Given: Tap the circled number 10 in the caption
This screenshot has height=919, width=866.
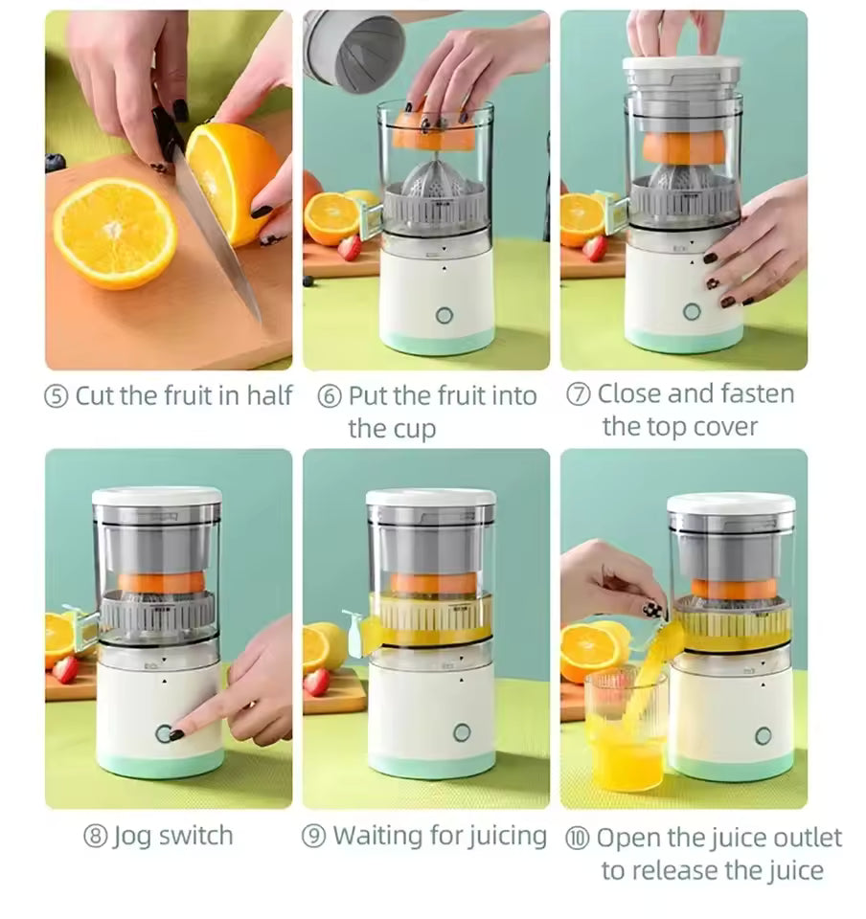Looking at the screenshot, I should pos(578,838).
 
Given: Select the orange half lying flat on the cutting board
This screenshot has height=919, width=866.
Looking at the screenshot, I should pos(114,234).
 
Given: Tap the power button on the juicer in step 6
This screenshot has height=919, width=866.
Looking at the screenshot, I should pos(444,315).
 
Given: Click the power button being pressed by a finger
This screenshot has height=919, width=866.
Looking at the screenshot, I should pos(165,734).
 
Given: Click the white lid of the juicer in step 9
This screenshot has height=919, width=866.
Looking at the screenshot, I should pos(430,498).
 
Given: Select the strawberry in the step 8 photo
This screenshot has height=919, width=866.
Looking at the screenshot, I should pos(65,669).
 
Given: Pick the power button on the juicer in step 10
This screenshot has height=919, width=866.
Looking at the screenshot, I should pos(763,735).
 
